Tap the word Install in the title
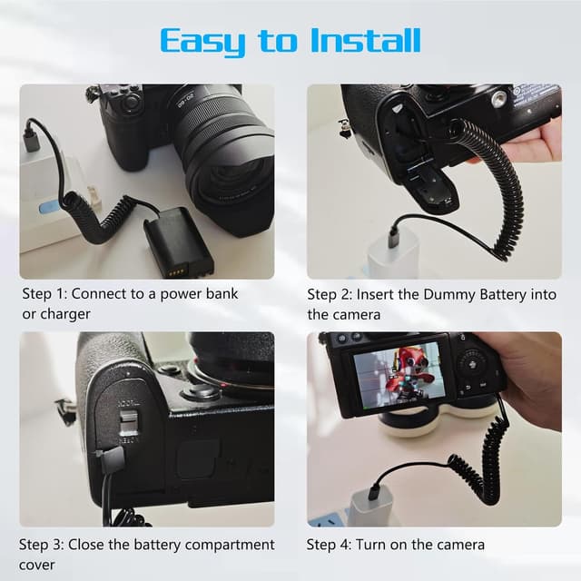pyautogui.click(x=365, y=40)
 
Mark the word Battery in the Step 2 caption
pyautogui.click(x=503, y=294)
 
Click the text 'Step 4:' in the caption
pyautogui.click(x=330, y=545)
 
